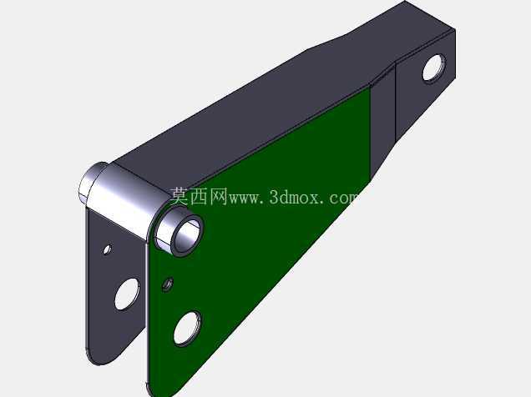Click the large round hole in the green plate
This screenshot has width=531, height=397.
pos(187,328)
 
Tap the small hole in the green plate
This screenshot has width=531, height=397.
pos(168,284)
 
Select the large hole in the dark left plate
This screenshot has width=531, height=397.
pos(127,294)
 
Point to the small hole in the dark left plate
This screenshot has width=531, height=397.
pos(108,249)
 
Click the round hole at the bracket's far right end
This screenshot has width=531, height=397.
pos(434,68)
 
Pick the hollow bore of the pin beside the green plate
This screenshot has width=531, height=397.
pos(186,234)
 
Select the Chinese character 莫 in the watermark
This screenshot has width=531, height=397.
pos(180,197)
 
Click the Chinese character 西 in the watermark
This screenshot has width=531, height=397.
pos(199,197)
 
